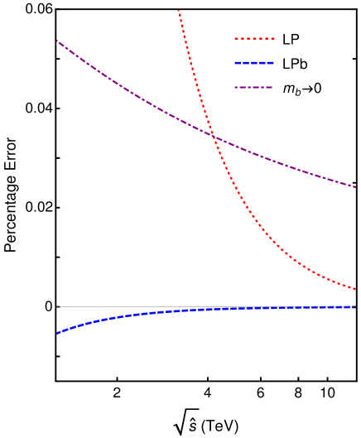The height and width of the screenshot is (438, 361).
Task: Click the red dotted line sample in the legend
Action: pos(254,38)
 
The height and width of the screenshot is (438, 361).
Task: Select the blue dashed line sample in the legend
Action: pos(254,62)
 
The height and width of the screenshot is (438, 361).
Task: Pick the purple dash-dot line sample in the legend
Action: pos(254,87)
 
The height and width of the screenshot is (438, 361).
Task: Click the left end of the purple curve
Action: pos(57,41)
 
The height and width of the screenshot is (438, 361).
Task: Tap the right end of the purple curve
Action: pos(355,186)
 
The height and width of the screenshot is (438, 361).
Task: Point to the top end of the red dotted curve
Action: pos(178,10)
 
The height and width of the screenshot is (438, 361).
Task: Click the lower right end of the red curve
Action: pos(355,289)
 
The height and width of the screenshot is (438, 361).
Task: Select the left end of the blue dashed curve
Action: pos(57,333)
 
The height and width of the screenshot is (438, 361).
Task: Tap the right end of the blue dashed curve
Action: pos(355,307)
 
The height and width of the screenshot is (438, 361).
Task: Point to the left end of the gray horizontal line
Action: pos(57,306)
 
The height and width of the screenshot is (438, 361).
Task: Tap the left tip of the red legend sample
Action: pos(235,38)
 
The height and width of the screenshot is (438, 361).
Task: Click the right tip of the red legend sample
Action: pos(274,38)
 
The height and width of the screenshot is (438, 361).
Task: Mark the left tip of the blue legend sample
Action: pos(235,62)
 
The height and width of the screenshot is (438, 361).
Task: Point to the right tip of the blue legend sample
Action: pos(274,62)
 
